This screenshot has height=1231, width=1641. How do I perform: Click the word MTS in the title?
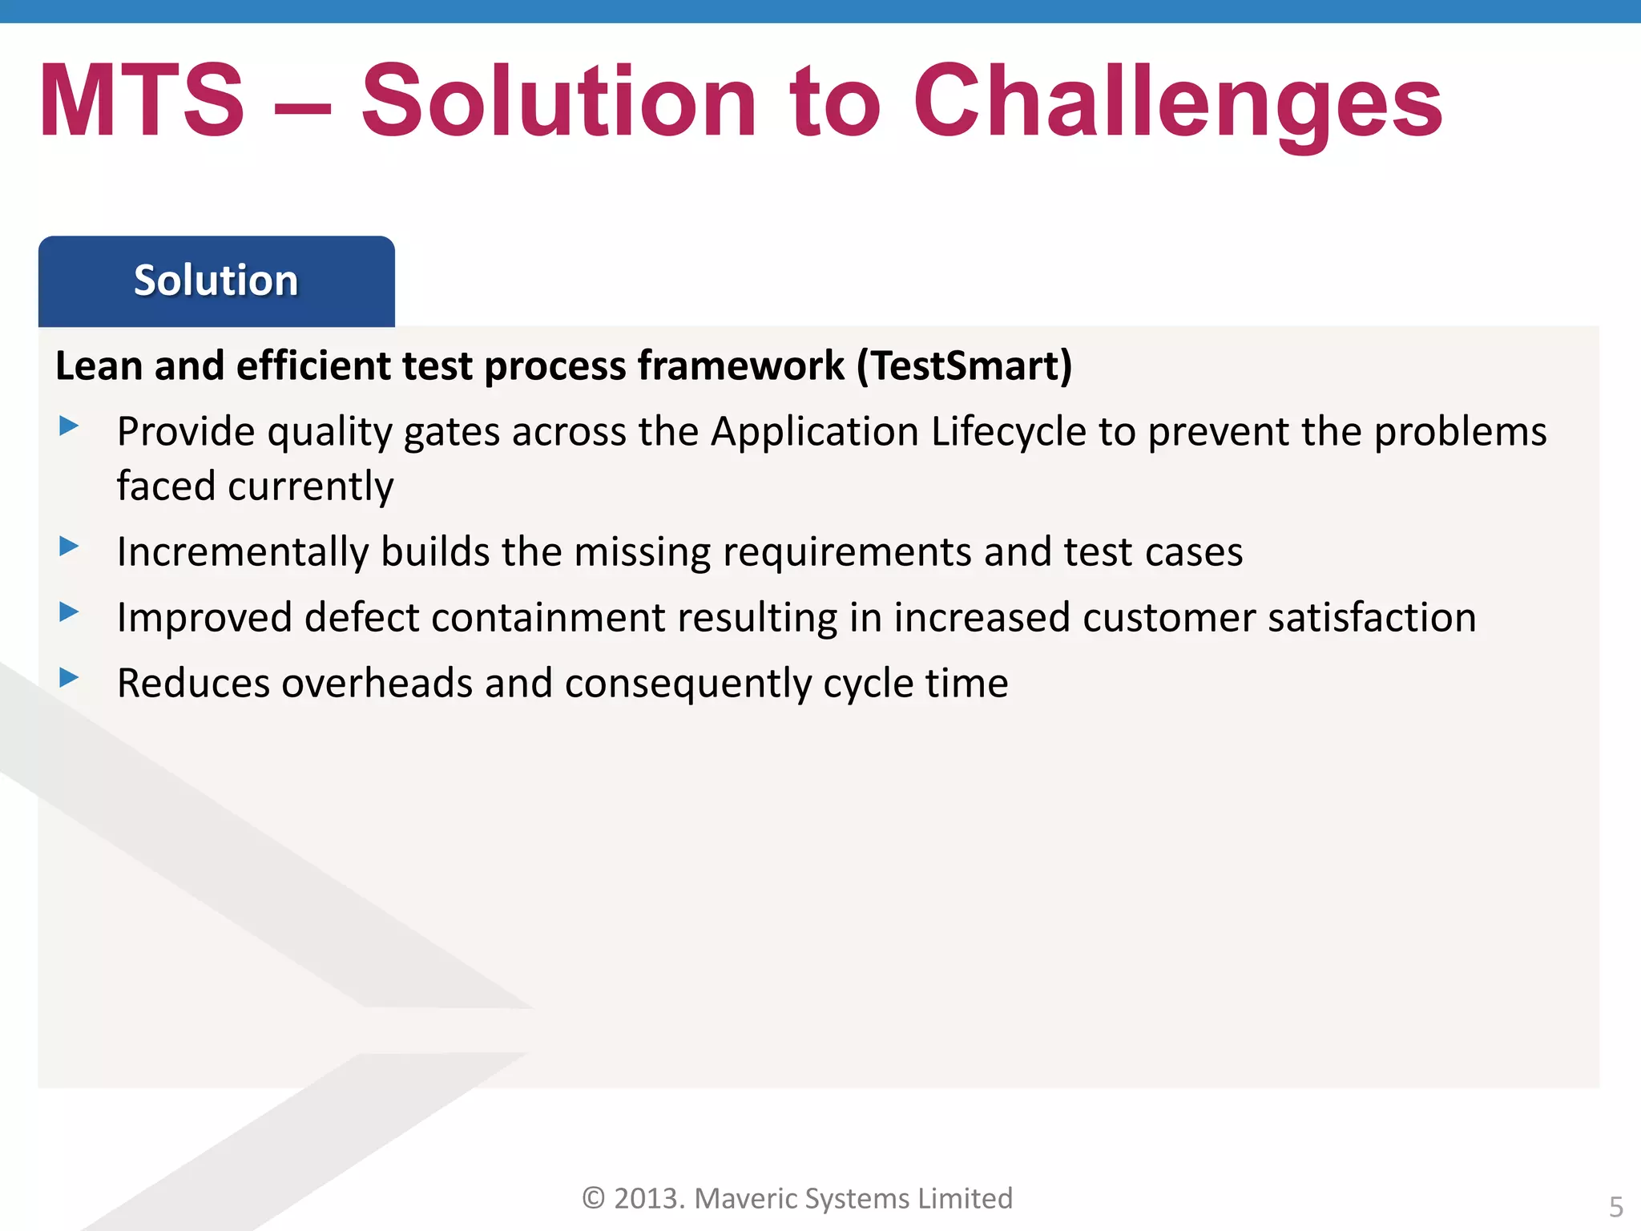[x=141, y=102]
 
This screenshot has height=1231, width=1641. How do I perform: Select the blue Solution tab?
[x=216, y=281]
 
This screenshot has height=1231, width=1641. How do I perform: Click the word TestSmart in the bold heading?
[x=964, y=366]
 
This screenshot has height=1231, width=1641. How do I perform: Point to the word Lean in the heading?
[x=99, y=366]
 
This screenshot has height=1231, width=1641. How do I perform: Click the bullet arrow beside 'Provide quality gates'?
[x=69, y=426]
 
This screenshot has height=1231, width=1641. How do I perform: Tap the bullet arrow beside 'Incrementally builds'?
[x=69, y=547]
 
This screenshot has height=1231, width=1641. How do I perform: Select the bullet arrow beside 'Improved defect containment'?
[x=69, y=612]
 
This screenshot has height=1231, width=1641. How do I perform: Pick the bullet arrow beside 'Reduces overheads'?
[x=69, y=678]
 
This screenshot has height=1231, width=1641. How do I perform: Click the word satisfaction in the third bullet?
[x=1372, y=618]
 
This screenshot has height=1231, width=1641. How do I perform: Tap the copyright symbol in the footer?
[x=593, y=1198]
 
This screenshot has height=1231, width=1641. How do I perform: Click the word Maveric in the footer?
[x=744, y=1198]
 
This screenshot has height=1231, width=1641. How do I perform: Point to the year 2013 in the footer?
[x=647, y=1198]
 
